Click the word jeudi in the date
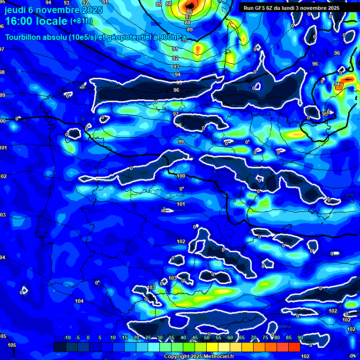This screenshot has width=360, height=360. (15, 10)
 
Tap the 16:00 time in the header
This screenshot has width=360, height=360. (20, 21)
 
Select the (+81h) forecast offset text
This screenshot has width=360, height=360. (81, 21)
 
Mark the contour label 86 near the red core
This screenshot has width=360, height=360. (189, 11)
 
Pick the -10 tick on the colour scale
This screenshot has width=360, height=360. (67, 337)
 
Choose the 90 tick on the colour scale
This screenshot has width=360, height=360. (300, 337)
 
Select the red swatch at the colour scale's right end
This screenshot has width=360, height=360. (294, 347)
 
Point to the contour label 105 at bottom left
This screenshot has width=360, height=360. (12, 345)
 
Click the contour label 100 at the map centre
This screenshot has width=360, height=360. (181, 176)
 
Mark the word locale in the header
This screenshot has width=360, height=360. (52, 21)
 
